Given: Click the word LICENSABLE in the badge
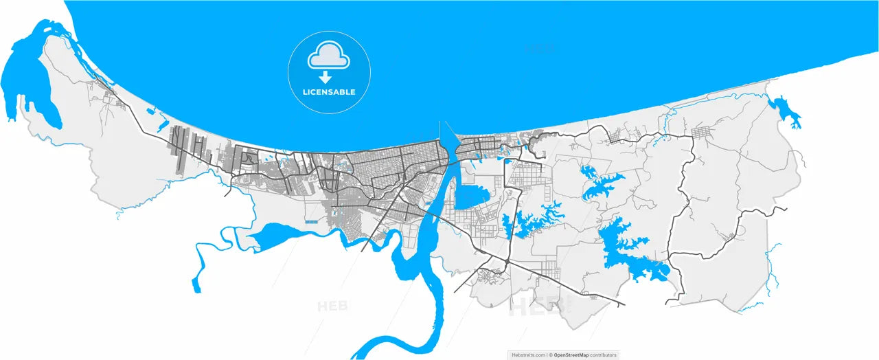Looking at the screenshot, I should tap(329, 92).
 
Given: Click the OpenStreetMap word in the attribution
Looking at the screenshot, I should tap(571, 355).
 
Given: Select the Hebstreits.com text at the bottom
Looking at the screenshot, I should tap(528, 355).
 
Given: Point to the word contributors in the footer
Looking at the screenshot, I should tap(602, 355).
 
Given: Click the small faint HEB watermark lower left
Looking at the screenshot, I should tap(332, 306).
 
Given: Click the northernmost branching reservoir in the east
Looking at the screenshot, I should tap(597, 182).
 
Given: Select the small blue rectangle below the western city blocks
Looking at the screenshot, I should tap(311, 223).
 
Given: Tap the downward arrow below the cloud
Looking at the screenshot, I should tap(326, 77).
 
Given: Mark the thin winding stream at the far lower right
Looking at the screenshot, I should tap(769, 275).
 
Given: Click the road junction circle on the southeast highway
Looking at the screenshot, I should tap(506, 263).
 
